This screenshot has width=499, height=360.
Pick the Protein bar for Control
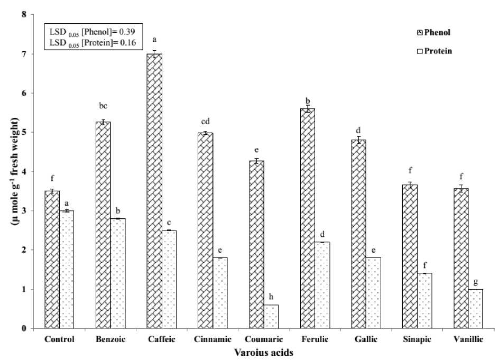point(67,269)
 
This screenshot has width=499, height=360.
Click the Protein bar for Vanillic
point(475,309)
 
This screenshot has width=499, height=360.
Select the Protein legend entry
point(437,51)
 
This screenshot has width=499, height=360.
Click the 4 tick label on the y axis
point(24,172)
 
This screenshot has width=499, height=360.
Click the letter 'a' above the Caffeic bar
point(154,39)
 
